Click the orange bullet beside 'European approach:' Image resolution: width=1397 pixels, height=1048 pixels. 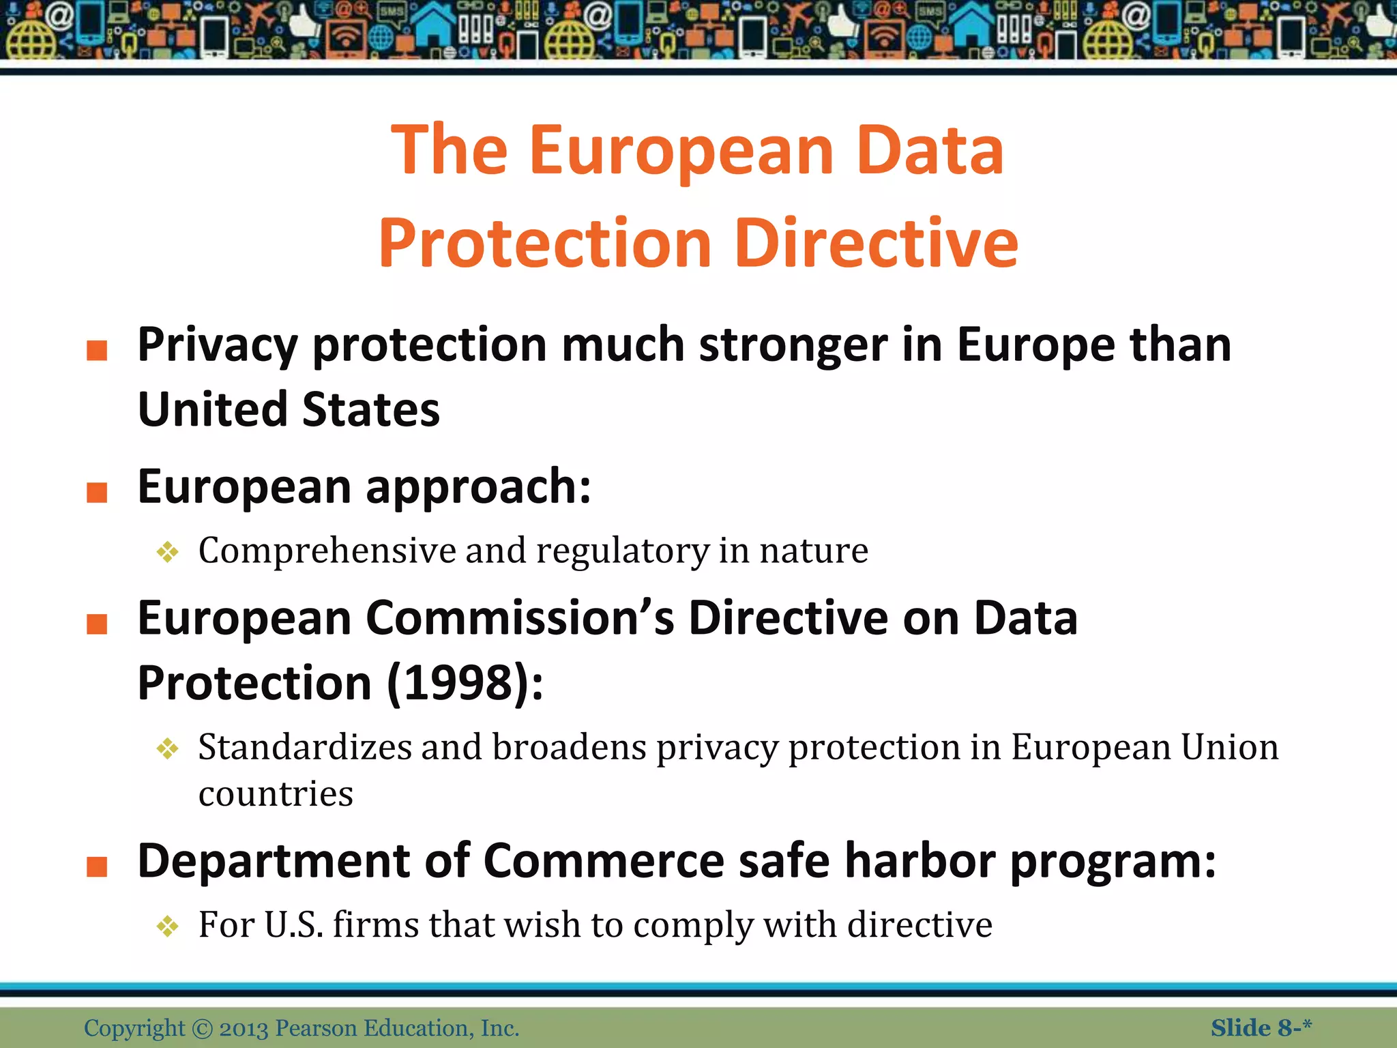(x=97, y=492)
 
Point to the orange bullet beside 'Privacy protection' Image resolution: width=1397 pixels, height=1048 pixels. (x=97, y=350)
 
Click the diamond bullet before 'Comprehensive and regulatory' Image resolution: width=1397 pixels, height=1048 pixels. (x=167, y=551)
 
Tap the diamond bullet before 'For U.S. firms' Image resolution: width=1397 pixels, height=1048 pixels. (x=167, y=926)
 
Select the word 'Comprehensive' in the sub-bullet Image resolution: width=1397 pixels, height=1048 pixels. (x=327, y=550)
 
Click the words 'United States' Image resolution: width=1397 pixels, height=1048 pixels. (x=289, y=409)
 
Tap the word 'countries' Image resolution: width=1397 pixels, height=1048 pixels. (x=276, y=794)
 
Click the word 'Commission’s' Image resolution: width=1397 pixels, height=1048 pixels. (x=520, y=618)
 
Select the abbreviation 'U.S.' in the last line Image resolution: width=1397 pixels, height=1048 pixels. (x=293, y=925)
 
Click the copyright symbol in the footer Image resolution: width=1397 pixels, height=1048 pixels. (x=203, y=1028)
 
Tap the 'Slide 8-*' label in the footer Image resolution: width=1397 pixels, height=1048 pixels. (x=1261, y=1028)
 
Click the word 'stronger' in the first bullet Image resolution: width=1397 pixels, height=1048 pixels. (x=793, y=345)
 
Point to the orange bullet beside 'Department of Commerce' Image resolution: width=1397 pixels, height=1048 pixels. (x=97, y=867)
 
